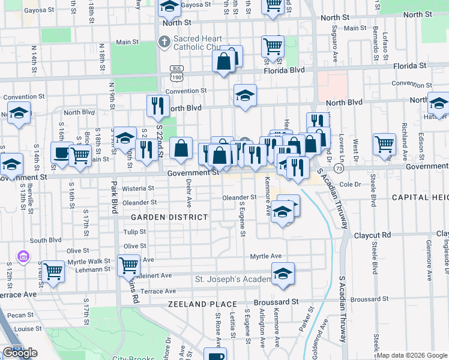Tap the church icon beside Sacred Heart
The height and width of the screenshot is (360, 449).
pyautogui.click(x=163, y=41)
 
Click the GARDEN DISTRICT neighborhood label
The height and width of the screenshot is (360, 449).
pyautogui.click(x=170, y=217)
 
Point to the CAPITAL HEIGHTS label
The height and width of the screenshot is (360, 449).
pyautogui.click(x=420, y=197)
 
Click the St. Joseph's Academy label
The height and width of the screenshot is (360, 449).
pyautogui.click(x=234, y=280)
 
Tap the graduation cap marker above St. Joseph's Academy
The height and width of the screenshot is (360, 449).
pyautogui.click(x=283, y=273)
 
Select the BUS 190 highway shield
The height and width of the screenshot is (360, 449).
pyautogui.click(x=176, y=73)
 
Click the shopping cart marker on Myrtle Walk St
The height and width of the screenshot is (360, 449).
pyautogui.click(x=53, y=271)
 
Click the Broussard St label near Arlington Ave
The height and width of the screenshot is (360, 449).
pyautogui.click(x=279, y=301)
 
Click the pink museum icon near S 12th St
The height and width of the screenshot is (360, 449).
pyautogui.click(x=23, y=257)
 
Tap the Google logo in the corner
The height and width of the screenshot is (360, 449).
pyautogui.click(x=20, y=352)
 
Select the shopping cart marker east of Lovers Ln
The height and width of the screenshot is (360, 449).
pyautogui.click(x=384, y=143)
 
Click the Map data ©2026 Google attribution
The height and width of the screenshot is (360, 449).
pyautogui.click(x=412, y=355)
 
